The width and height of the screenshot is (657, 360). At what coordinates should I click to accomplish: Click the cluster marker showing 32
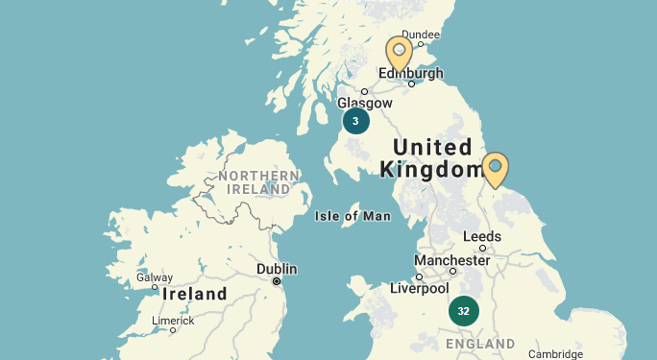coord(463,311)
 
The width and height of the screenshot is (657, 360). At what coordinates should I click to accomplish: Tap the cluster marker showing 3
coord(355,121)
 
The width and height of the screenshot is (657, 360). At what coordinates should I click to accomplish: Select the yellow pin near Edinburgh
coord(399,53)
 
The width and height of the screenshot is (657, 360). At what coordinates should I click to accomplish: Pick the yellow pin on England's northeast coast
coord(495,169)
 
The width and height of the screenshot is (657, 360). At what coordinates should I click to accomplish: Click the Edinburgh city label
coord(411,73)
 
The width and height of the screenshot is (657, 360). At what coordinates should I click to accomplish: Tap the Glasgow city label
coord(365,104)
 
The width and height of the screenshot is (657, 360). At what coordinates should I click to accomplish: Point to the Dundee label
coord(420,35)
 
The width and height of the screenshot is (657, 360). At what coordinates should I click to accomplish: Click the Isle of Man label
coord(353,216)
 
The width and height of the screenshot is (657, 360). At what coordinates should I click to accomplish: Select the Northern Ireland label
coord(258,182)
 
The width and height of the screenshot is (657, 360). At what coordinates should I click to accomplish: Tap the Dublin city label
coord(277,269)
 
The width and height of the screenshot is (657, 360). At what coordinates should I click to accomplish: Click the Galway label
coord(155,277)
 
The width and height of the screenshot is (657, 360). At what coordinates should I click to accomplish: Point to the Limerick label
coord(173,321)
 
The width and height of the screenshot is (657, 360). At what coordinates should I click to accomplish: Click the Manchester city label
coord(451,260)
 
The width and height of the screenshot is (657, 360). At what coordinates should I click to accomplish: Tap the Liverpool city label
coord(419,288)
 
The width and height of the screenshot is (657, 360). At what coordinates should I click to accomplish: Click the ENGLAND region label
coord(480,344)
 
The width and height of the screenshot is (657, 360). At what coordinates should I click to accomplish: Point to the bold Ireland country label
coord(194,294)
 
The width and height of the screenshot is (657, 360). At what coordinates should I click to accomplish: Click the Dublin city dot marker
coord(277,281)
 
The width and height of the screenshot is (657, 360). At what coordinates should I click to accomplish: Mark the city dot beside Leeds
coord(482,248)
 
